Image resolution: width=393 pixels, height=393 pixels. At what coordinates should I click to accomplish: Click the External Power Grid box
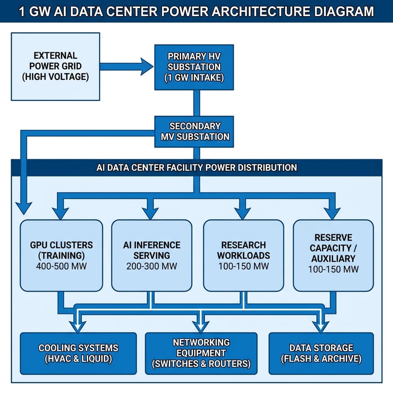point(55,66)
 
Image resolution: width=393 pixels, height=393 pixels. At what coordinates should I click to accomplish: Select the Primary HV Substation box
point(194,67)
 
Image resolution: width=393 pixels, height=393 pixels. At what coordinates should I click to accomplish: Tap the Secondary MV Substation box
point(194,131)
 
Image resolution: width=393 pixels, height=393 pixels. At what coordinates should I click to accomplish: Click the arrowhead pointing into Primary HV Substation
point(147,66)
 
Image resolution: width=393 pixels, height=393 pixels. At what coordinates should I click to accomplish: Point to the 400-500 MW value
point(61,266)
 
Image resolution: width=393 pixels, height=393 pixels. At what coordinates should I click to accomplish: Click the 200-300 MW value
point(151,266)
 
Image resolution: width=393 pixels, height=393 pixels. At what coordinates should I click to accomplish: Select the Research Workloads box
point(243,255)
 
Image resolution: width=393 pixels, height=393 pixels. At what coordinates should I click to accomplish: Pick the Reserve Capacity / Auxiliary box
point(333,255)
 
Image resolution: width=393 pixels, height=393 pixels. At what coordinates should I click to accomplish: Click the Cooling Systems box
point(78,353)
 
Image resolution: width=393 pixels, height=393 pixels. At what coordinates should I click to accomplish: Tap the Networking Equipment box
point(201,353)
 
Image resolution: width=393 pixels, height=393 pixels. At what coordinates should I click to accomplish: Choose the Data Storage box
point(321,353)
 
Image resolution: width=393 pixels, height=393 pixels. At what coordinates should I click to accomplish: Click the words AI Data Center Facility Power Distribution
point(196,168)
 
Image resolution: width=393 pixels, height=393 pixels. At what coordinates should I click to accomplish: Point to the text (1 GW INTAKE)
point(194,78)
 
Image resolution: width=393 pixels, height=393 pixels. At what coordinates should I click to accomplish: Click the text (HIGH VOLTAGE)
point(55,77)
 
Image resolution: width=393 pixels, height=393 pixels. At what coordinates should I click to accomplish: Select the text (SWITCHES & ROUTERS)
point(201,364)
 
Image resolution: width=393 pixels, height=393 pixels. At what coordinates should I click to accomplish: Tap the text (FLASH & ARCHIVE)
point(321,359)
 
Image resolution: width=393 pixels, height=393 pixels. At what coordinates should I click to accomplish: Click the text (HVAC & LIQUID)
point(78,359)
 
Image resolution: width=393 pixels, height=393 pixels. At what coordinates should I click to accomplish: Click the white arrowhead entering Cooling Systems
point(78,326)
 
